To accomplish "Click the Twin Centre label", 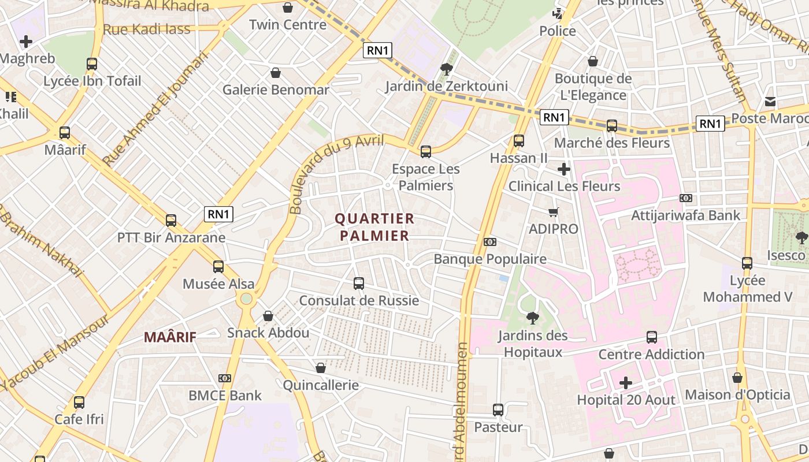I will point(288,25).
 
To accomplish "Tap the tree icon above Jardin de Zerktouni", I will point(446,70).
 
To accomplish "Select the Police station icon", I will point(558,14).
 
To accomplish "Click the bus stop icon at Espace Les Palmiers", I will point(426,152).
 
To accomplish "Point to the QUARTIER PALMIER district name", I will point(374,227).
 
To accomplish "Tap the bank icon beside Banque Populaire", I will point(490,242).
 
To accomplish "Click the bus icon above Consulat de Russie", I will point(359,284).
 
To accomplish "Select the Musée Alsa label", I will point(218,284).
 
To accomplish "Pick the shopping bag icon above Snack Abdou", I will point(268,316).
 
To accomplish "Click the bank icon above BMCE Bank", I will point(225,378).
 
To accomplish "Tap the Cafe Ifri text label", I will point(79,419).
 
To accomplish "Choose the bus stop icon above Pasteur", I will point(498,410).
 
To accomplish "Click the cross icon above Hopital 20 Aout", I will point(626,383).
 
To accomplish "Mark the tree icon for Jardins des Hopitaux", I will point(532,318).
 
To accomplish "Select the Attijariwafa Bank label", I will point(686,215).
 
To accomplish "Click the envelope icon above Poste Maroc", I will point(770,102).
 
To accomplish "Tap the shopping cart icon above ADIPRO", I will point(553,212).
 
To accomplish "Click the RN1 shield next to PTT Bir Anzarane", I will point(219,214).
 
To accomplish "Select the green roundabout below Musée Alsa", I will point(247,299).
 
